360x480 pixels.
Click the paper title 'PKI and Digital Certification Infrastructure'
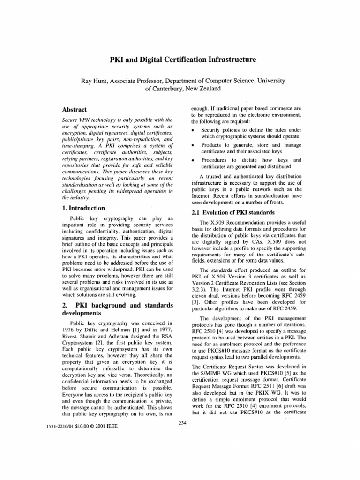180,60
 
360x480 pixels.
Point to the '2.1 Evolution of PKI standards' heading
227,212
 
